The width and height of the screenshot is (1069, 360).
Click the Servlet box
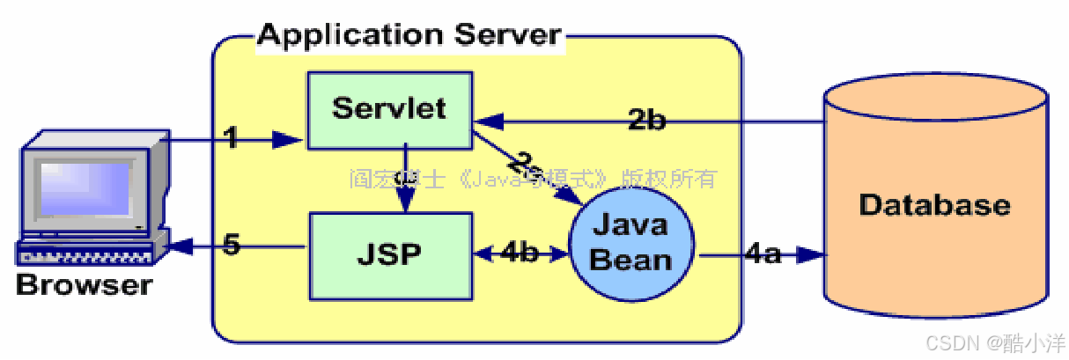pos(389,111)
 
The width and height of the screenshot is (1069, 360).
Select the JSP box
pos(389,255)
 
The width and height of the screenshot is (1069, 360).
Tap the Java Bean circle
pos(630,241)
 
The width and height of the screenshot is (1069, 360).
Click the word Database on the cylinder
pos(934,205)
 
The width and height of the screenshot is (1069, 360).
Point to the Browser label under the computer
pos(84,285)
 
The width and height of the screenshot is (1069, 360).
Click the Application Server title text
pos(409,35)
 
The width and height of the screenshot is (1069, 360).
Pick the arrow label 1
pos(231,138)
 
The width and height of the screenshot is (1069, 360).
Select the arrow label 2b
pos(646,120)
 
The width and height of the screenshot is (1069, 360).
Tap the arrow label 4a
pos(763,255)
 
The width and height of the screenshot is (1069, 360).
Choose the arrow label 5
pos(231,246)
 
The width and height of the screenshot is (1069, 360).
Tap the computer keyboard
pos(84,253)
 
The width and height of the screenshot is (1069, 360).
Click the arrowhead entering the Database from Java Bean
pos(811,256)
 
